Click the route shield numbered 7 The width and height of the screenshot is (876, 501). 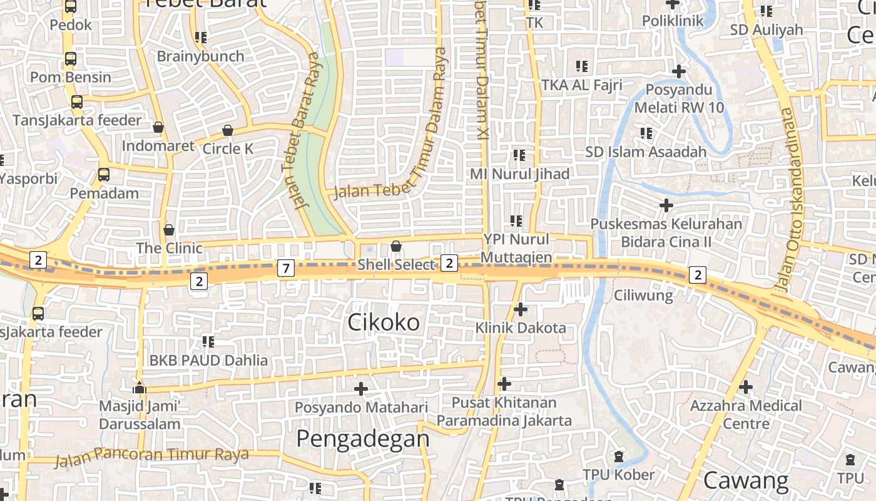[285, 269]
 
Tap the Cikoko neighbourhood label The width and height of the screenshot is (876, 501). [384, 323]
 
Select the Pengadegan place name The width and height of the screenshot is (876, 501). [363, 439]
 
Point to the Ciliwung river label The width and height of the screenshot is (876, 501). [643, 295]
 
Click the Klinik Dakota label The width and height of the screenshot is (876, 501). [521, 328]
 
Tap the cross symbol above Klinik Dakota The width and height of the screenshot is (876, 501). [521, 309]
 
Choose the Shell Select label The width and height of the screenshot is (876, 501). [396, 265]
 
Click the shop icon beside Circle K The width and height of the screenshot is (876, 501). [228, 130]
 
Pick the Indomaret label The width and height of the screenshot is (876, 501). [158, 146]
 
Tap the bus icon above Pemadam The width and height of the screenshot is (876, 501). [104, 175]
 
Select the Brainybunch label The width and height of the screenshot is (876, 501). [200, 56]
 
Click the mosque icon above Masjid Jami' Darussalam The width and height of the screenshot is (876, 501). [140, 388]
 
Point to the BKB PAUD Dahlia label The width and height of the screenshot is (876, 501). [208, 360]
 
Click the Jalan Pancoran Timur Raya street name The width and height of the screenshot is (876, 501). [152, 457]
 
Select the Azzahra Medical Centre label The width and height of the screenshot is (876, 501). [746, 414]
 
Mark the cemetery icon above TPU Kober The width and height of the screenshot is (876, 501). [619, 456]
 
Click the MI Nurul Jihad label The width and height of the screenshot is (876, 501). [520, 173]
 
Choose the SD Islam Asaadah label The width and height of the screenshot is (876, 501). [646, 152]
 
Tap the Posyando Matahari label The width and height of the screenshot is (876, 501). [361, 407]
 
